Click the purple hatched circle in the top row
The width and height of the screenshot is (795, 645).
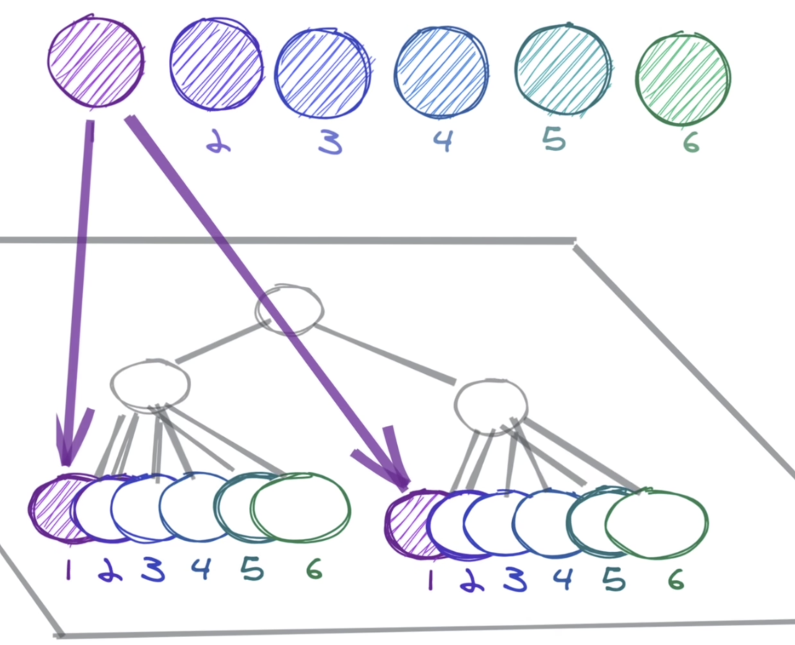pyautogui.click(x=95, y=62)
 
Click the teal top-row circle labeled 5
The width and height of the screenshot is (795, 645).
pyautogui.click(x=562, y=69)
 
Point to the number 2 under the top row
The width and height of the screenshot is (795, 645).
pyautogui.click(x=215, y=144)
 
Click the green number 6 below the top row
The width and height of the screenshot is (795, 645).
pyautogui.click(x=691, y=143)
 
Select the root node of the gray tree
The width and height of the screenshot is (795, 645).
pyautogui.click(x=289, y=311)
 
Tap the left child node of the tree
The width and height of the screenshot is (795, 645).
pyautogui.click(x=149, y=383)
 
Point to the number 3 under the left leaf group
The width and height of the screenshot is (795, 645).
pyautogui.click(x=152, y=571)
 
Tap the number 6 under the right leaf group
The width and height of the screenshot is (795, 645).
pyautogui.click(x=675, y=580)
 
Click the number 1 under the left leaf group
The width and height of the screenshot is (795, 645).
pyautogui.click(x=69, y=571)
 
